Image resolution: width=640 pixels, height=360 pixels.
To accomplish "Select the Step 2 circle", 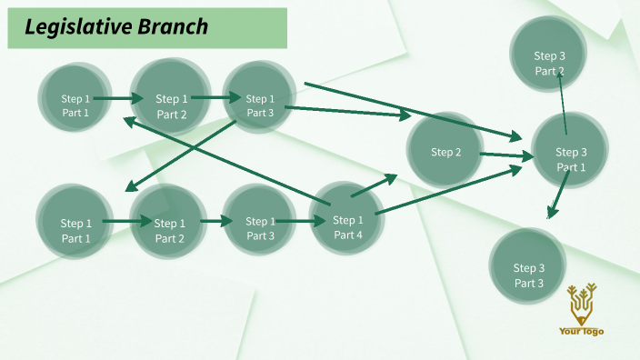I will pos(445,152).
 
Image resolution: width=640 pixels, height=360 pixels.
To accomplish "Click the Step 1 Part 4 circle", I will pos(348,227).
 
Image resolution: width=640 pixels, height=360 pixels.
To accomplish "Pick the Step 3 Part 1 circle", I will pos(571,159).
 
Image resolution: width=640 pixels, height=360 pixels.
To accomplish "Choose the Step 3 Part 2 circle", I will pos(549,63).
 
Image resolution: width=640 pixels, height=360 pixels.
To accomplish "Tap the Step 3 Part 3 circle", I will pos(528,275).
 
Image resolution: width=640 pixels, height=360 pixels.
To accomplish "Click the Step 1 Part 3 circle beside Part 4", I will pos(260,228).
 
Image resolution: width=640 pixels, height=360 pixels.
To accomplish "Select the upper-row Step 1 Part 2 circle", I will pos(171,106).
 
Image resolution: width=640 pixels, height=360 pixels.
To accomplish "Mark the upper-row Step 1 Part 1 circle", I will pos(75,106).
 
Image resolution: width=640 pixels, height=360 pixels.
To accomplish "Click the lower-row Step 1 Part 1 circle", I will pos(75,231).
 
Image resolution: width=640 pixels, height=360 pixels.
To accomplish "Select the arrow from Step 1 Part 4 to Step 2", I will pos(374,185).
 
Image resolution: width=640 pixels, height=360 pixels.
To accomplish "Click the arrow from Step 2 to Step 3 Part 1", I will pos(503,156).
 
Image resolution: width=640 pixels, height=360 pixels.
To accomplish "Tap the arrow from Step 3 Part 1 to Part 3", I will pos(557,195).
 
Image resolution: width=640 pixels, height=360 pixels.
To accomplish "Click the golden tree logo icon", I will pos(581,303).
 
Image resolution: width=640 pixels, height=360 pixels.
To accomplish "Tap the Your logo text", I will pos(581,331).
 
